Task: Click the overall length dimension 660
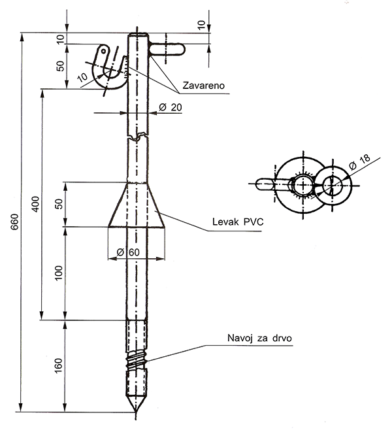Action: [x=15, y=225]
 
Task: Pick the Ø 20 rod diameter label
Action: [x=171, y=107]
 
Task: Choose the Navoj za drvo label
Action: [x=259, y=339]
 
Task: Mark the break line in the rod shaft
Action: [x=137, y=138]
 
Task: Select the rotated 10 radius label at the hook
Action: [x=83, y=78]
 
